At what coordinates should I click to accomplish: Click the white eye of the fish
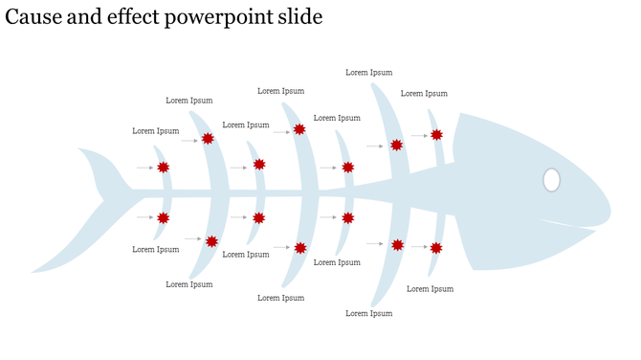[x=551, y=179]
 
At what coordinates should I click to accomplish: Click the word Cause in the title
[x=31, y=17]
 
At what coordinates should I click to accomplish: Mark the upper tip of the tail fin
[x=81, y=150]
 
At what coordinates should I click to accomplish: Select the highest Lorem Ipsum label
[x=368, y=72]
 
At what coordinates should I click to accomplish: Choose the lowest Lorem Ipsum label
[x=368, y=313]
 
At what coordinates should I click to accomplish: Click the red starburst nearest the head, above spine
[x=436, y=135]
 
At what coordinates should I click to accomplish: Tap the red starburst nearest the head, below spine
[x=436, y=248]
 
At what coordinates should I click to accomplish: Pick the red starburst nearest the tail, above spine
[x=163, y=168]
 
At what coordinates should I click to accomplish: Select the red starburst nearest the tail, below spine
[x=163, y=218]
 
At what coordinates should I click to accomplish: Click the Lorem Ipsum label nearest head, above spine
[x=424, y=93]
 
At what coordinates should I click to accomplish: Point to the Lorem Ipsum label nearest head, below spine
[x=429, y=288]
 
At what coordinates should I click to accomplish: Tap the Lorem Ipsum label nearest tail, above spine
[x=156, y=130]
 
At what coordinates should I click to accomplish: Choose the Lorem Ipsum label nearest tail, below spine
[x=156, y=249]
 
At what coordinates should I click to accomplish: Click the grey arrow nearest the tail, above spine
[x=144, y=168]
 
